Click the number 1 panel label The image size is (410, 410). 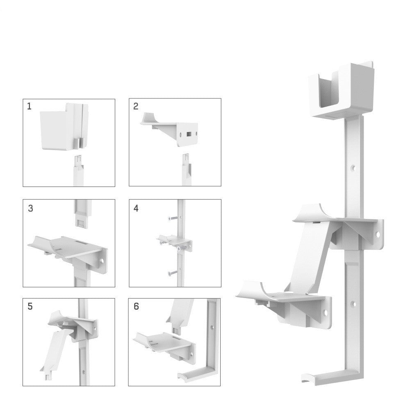point(29,107)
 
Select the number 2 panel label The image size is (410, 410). point(136,107)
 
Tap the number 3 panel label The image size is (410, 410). point(31,208)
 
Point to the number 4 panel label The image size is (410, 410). point(136,208)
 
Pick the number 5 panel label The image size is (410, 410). point(30,307)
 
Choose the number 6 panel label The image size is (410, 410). point(136,307)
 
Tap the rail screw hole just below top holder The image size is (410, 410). point(353,168)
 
